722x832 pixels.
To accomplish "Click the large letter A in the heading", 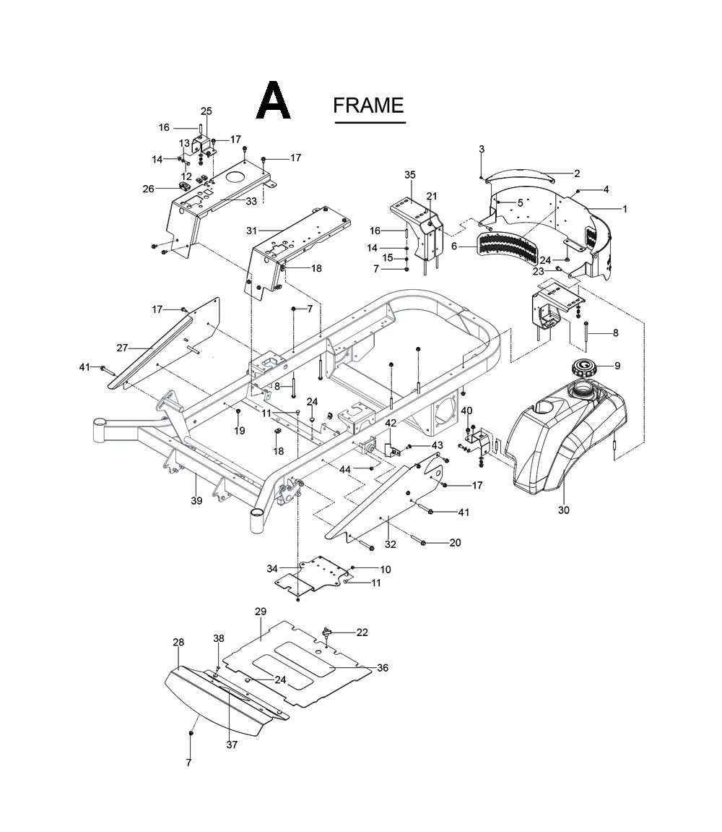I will [x=274, y=101].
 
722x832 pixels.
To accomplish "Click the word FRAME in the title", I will [x=368, y=106].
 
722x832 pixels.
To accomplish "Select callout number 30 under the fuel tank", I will [x=564, y=510].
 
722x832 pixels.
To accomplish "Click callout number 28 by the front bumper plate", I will [x=178, y=642].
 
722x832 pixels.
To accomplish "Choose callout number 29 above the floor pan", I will [x=261, y=612].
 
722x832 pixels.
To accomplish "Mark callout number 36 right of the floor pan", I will [x=383, y=668].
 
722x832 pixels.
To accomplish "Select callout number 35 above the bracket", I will [x=410, y=175].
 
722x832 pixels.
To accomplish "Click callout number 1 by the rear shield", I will [x=625, y=209].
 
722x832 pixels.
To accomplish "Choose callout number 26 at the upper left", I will [x=149, y=189].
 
